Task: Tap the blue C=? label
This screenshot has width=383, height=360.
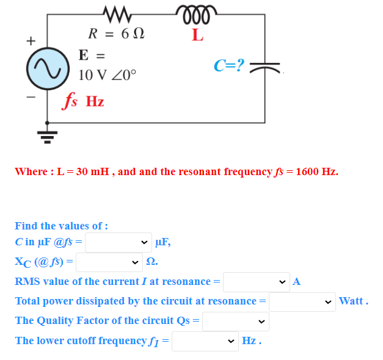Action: (229, 65)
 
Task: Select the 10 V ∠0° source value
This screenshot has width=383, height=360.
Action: (108, 76)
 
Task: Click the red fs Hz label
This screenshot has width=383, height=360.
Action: (84, 101)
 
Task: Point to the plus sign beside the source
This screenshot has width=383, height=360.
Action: (28, 41)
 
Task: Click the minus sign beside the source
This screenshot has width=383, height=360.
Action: (28, 96)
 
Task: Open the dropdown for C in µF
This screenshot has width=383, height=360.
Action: (119, 242)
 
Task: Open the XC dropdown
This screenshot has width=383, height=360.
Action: (109, 262)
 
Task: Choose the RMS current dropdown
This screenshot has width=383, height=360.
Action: (256, 282)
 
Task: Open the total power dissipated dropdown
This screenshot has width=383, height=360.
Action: (302, 301)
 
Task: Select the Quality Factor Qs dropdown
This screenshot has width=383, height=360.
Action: (235, 321)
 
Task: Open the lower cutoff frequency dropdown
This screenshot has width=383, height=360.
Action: (205, 341)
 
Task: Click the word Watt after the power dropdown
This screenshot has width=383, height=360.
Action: (352, 301)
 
